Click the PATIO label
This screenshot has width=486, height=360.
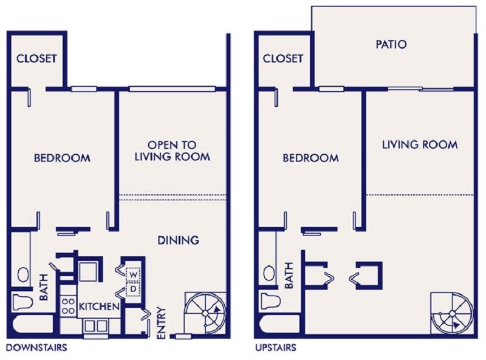[391, 44]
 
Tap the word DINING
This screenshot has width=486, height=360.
[179, 240]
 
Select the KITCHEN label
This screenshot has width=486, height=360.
[98, 307]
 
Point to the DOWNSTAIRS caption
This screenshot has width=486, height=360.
[36, 348]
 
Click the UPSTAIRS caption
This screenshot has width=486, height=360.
[276, 348]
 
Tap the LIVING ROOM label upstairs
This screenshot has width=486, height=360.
[419, 145]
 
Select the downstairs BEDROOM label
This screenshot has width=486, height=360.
[61, 158]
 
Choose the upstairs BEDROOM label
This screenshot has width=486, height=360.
[310, 158]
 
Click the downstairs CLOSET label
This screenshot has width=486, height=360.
[36, 59]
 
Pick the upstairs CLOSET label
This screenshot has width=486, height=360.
[283, 59]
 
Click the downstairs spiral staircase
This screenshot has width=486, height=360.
[205, 313]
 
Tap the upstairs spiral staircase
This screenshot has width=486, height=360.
[451, 313]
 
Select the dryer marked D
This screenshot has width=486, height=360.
[132, 290]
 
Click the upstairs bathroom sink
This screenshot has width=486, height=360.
[268, 273]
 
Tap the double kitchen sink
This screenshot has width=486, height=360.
[95, 327]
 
